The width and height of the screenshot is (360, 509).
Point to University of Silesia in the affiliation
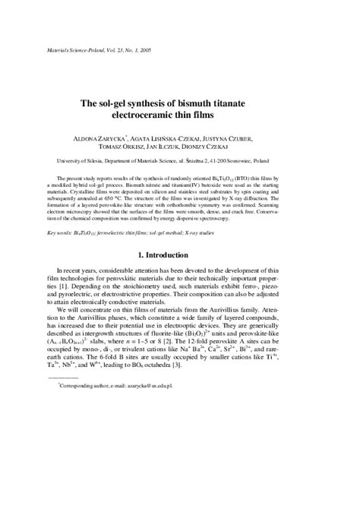coord(87,161)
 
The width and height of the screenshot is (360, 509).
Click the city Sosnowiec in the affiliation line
coord(264,161)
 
